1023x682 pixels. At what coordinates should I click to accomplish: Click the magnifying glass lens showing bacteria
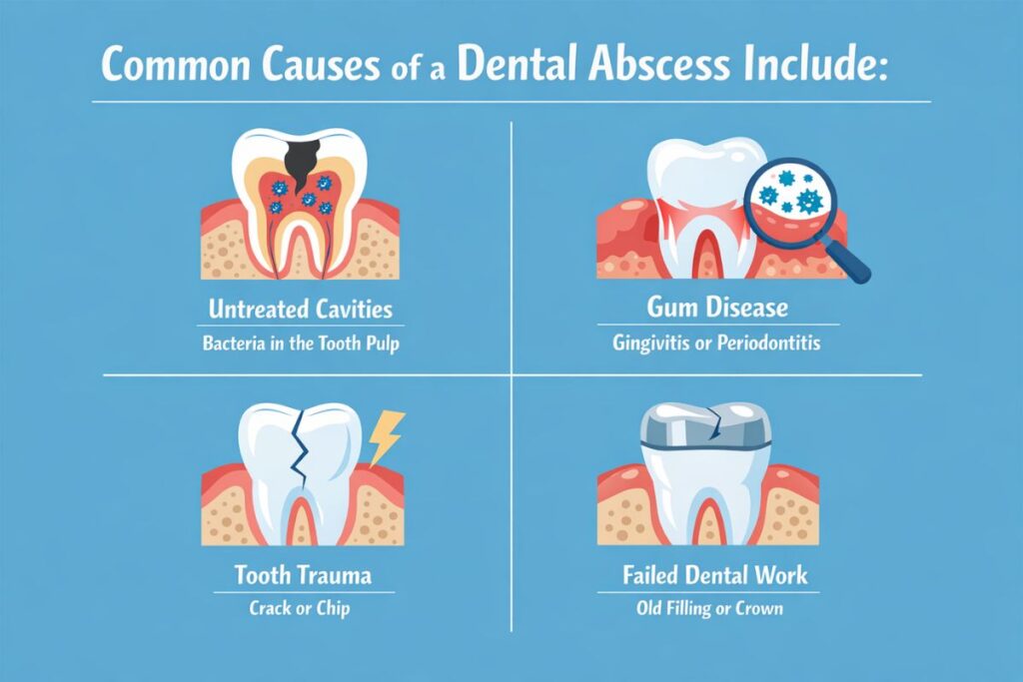coord(791,192)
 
